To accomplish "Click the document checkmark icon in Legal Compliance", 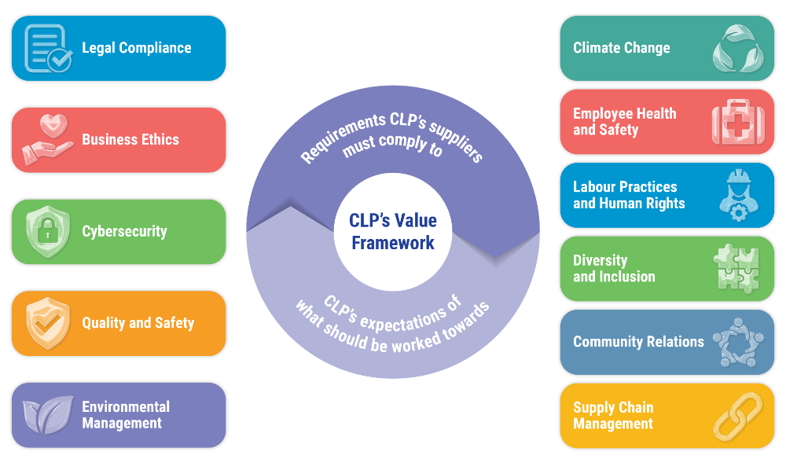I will click(x=48, y=48).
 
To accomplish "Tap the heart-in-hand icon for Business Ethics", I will click(x=48, y=140).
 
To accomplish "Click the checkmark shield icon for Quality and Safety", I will click(x=48, y=323).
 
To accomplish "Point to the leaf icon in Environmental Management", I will click(x=48, y=415).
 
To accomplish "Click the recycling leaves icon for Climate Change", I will click(x=737, y=48).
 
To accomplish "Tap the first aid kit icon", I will click(x=737, y=122).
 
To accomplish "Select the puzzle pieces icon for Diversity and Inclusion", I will click(x=737, y=269).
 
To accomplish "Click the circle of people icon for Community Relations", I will click(x=737, y=342).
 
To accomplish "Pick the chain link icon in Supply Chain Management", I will click(x=737, y=416).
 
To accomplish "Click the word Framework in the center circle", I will click(x=393, y=243).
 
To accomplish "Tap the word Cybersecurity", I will click(x=124, y=232).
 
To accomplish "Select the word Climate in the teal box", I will click(x=597, y=48).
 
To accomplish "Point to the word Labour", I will click(x=597, y=187).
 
